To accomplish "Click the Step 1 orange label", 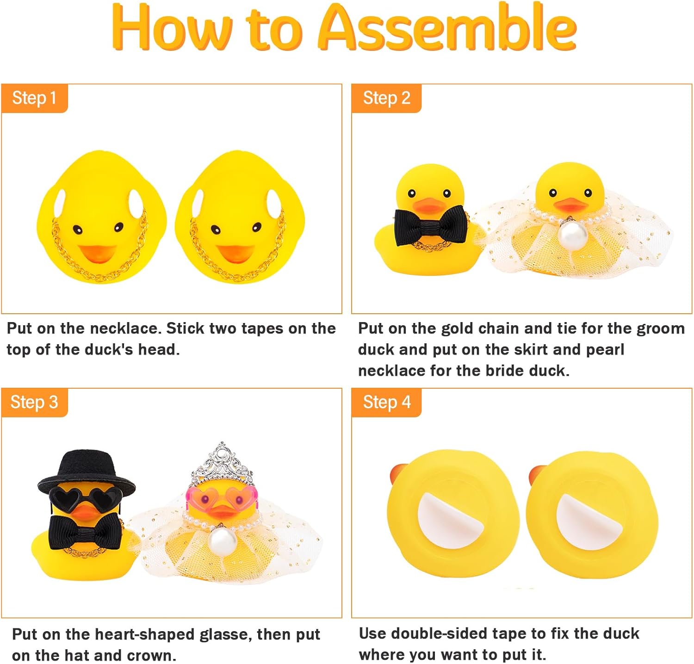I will pos(34,98).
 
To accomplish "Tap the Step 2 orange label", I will pos(386,98).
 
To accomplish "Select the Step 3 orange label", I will pos(34,402).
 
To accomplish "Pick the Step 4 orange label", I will pos(386,402).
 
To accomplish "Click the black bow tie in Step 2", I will pos(430,225).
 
